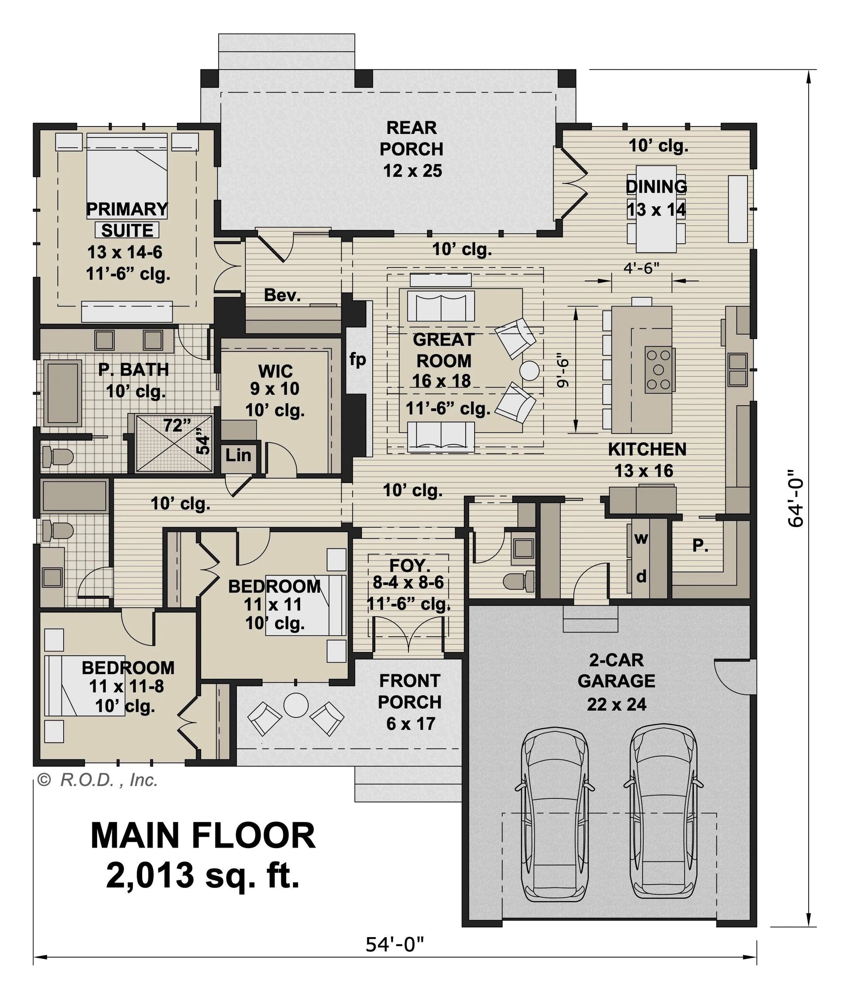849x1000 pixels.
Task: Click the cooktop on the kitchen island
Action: [659, 370]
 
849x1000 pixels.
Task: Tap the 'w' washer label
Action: [641, 539]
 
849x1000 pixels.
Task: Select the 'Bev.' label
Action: [283, 295]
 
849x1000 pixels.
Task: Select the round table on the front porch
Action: [296, 705]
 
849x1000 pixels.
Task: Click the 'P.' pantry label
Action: [700, 545]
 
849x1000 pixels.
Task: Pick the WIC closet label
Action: [276, 371]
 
